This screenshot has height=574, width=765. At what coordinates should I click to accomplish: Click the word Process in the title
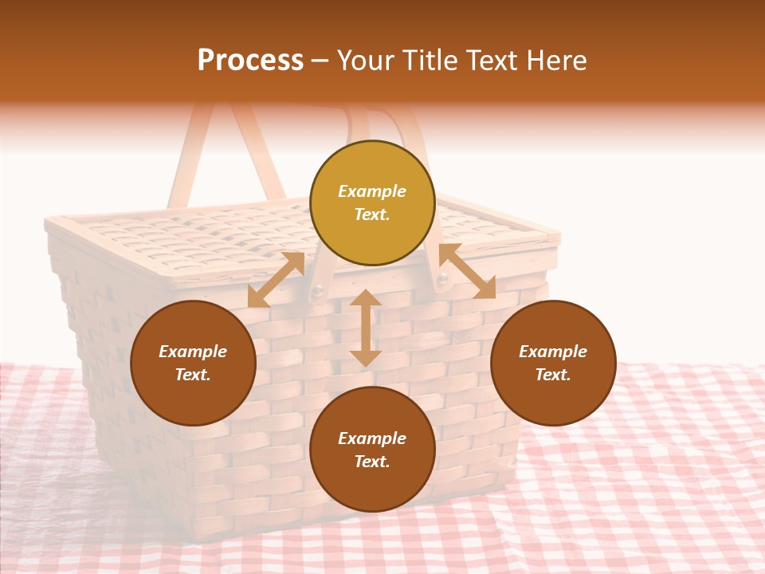coord(250,61)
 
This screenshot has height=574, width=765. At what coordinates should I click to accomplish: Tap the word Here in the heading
coord(555,61)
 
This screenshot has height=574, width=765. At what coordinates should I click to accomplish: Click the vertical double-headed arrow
coord(366,328)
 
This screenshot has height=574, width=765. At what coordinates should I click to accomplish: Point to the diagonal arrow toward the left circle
coord(277,280)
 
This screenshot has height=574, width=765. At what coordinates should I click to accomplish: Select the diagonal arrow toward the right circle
coord(467,271)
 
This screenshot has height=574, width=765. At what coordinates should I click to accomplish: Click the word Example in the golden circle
coord(372,191)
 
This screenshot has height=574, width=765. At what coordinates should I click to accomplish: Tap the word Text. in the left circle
coord(193,375)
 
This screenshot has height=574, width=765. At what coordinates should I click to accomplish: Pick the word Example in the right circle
coord(553,352)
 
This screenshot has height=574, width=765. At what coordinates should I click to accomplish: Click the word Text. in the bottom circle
coord(372,462)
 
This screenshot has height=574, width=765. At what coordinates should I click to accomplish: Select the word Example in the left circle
coord(193,352)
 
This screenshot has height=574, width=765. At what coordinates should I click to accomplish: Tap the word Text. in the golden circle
coord(372,214)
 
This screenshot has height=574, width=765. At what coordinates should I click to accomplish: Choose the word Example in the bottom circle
coord(372,438)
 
